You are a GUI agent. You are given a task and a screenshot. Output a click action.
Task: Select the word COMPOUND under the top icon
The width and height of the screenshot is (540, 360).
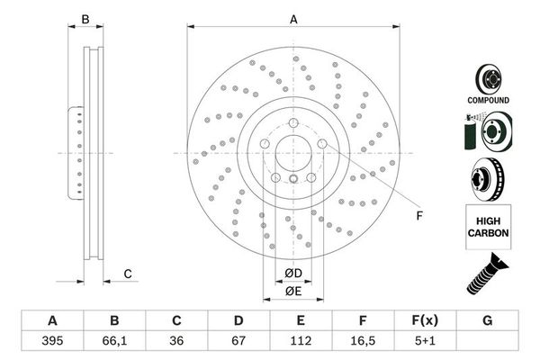click(489, 100)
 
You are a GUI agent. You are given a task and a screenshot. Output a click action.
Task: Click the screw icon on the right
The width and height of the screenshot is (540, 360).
click(487, 273)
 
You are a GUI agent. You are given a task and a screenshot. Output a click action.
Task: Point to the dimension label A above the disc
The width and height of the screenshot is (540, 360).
click(292, 20)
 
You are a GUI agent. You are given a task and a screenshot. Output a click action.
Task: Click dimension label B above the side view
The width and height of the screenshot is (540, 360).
click(86, 20)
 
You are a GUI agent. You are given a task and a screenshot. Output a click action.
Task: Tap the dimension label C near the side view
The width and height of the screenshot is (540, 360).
click(128, 274)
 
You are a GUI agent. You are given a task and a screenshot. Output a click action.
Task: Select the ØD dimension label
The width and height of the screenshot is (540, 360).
click(292, 272)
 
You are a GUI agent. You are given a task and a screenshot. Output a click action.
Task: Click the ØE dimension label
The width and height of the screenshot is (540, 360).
click(292, 291)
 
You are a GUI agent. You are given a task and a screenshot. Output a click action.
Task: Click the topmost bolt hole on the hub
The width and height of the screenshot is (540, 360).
click(293, 123)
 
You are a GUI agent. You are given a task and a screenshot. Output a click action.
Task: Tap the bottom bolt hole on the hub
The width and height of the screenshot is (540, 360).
click(293, 179)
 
